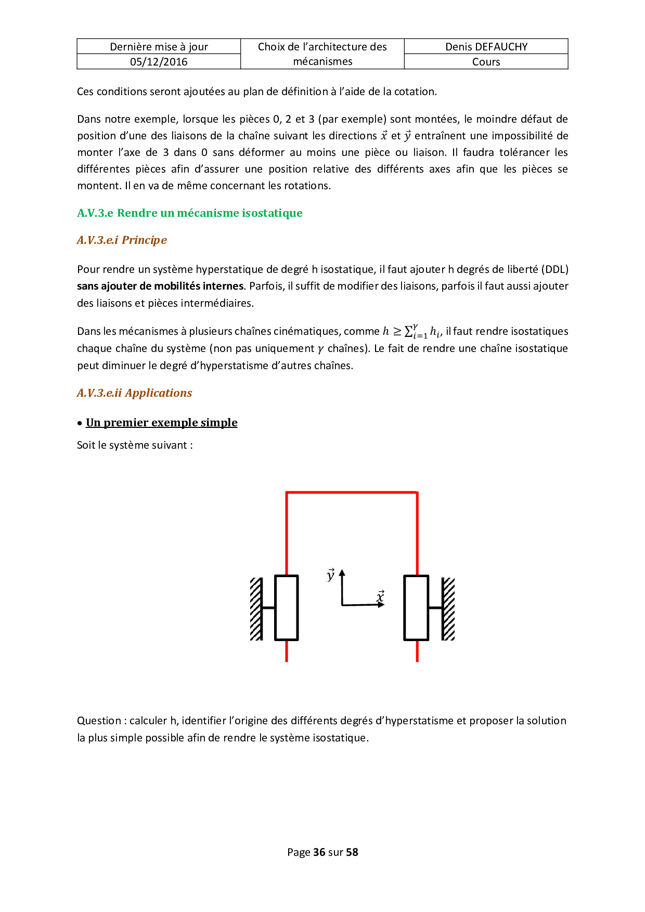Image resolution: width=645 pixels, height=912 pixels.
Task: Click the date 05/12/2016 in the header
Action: [x=159, y=62]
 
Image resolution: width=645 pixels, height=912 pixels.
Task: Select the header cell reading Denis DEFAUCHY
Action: [x=486, y=47]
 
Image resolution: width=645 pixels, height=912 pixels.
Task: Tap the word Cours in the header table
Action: [x=486, y=62]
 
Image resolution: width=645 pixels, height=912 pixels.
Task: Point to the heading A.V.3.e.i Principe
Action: [x=122, y=240]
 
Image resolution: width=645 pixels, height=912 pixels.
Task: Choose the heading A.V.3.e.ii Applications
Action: [x=134, y=393]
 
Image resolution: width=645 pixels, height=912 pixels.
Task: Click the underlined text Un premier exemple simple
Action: [x=161, y=423]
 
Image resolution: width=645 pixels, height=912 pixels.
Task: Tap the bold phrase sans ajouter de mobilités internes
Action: [x=160, y=286]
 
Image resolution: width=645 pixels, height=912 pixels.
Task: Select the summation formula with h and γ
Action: [x=412, y=331]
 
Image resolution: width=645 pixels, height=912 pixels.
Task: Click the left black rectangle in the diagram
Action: [x=286, y=607]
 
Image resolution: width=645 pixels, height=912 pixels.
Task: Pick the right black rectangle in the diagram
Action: [x=416, y=607]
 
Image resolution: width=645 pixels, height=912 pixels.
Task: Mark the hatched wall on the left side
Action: [x=256, y=608]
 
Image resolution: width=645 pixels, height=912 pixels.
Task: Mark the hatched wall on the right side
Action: [x=448, y=608]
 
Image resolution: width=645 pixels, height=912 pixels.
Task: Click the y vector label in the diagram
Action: [x=330, y=575]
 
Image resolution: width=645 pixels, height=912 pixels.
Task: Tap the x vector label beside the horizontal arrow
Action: [x=380, y=596]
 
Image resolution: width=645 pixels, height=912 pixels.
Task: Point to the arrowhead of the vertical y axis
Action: [x=342, y=573]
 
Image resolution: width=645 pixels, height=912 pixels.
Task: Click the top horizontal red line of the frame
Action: [x=352, y=492]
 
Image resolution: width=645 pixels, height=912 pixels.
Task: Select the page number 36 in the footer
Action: [x=319, y=852]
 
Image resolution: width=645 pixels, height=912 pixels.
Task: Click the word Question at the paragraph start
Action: [x=99, y=721]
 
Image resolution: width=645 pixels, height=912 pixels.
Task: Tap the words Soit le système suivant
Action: [x=135, y=445]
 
